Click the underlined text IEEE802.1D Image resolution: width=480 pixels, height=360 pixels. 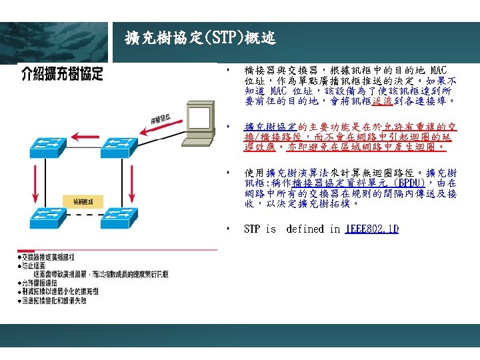[x=371, y=229]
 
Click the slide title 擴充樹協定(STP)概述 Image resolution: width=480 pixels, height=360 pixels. [x=200, y=37]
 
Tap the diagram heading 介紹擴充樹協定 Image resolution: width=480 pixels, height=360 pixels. [x=61, y=73]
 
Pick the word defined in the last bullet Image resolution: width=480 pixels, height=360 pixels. [x=305, y=229]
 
